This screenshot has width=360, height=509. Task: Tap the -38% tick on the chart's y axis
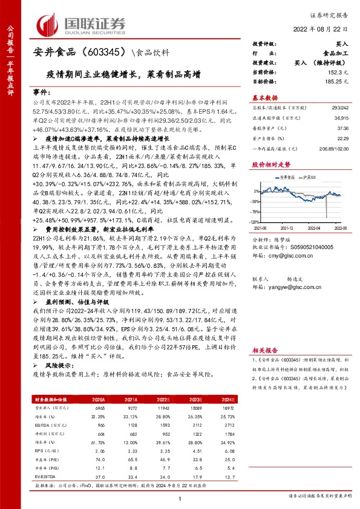256,201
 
